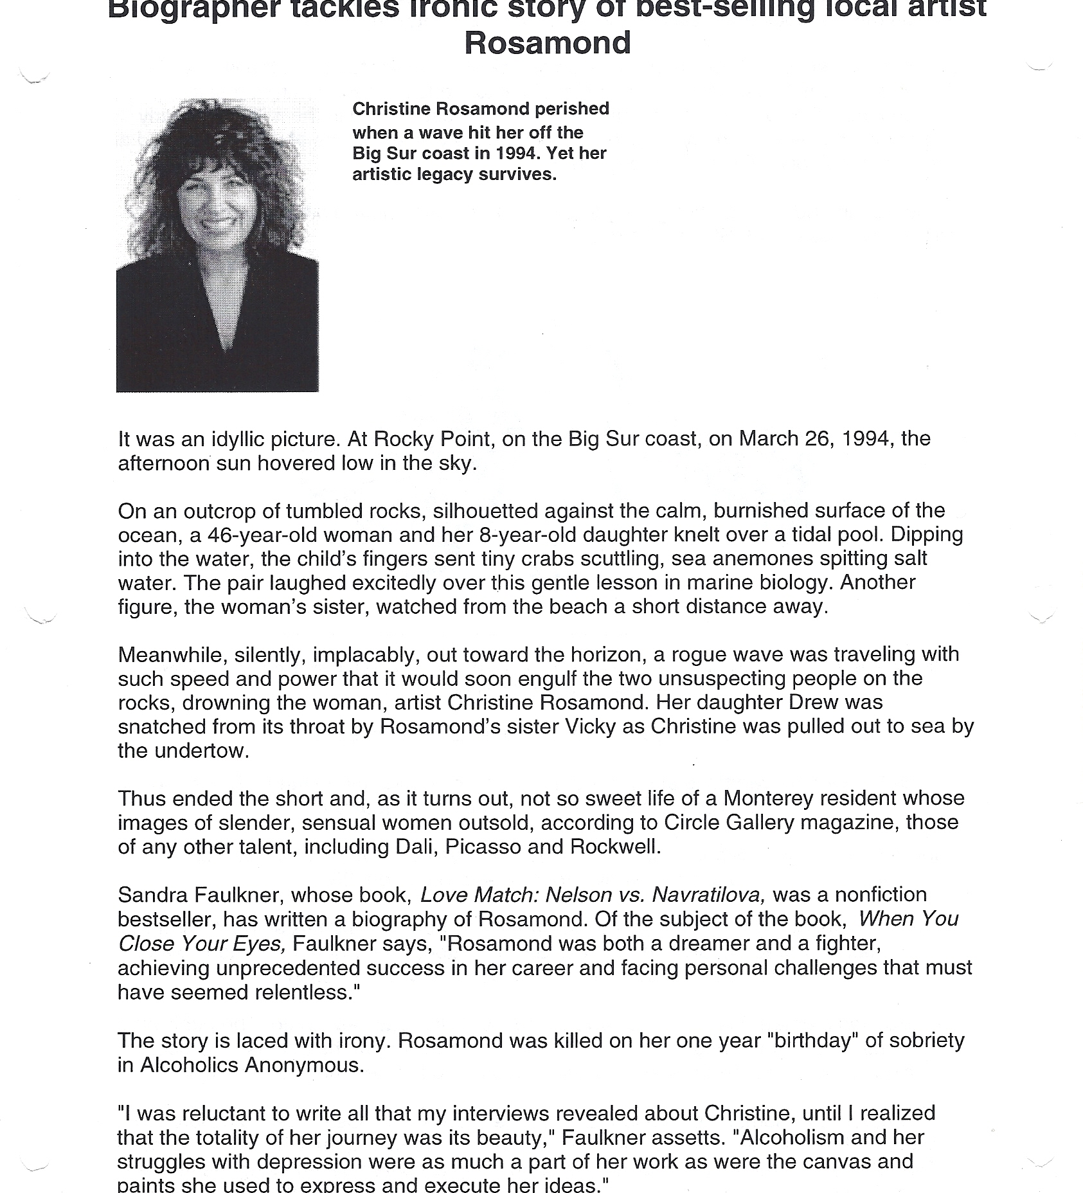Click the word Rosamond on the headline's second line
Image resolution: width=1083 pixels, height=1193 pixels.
pyautogui.click(x=547, y=43)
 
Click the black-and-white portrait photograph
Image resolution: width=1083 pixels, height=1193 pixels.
pyautogui.click(x=217, y=245)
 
